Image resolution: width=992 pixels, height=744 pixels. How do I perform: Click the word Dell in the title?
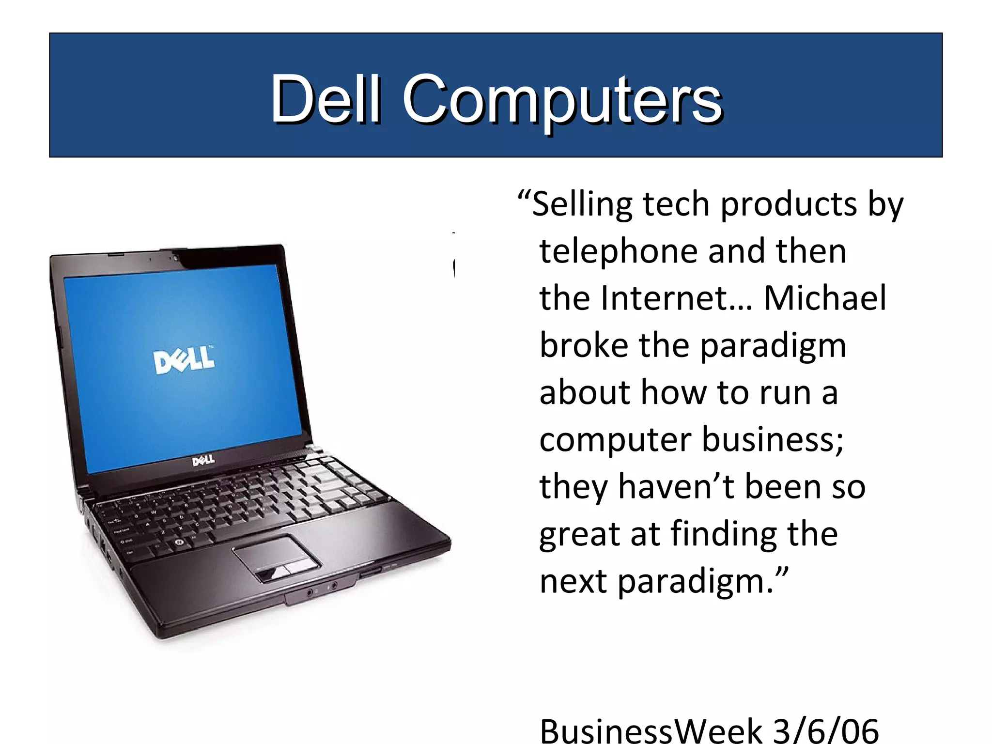coord(325,99)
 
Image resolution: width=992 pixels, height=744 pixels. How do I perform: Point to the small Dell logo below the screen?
coord(203,460)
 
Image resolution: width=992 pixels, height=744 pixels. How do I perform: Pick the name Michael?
coord(825,298)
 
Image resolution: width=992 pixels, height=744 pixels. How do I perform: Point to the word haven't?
coord(676,487)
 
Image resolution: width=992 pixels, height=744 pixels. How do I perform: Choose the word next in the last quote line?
coord(573,581)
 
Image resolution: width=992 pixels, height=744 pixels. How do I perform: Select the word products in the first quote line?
coord(789,204)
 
